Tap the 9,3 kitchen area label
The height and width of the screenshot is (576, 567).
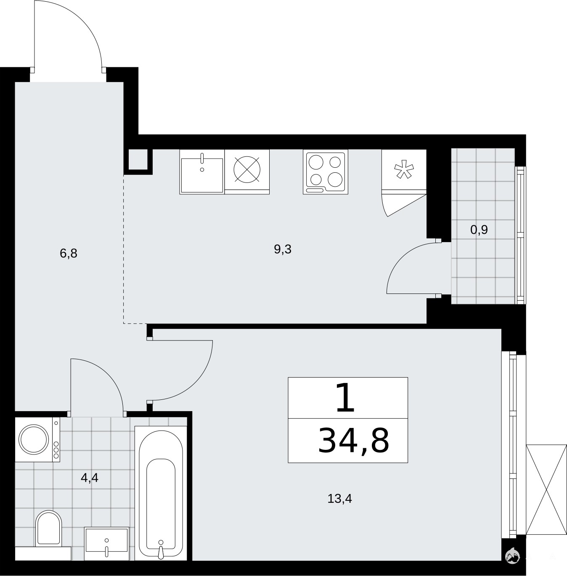point(283,249)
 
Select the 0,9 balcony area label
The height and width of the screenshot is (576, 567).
point(479,230)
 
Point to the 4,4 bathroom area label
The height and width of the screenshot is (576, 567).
point(90,478)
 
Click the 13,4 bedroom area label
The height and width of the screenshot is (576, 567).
point(340,499)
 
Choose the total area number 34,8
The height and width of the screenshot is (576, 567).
point(353,440)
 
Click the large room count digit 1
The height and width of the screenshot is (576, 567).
point(346,398)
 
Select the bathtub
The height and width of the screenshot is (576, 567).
point(161,493)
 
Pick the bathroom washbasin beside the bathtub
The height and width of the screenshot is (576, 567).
point(107,544)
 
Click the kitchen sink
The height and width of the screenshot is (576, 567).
point(202,172)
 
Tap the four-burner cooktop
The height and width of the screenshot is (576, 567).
point(326,172)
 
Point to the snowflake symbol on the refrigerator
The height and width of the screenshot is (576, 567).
point(404,169)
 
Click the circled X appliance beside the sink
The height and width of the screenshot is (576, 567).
point(247,169)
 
